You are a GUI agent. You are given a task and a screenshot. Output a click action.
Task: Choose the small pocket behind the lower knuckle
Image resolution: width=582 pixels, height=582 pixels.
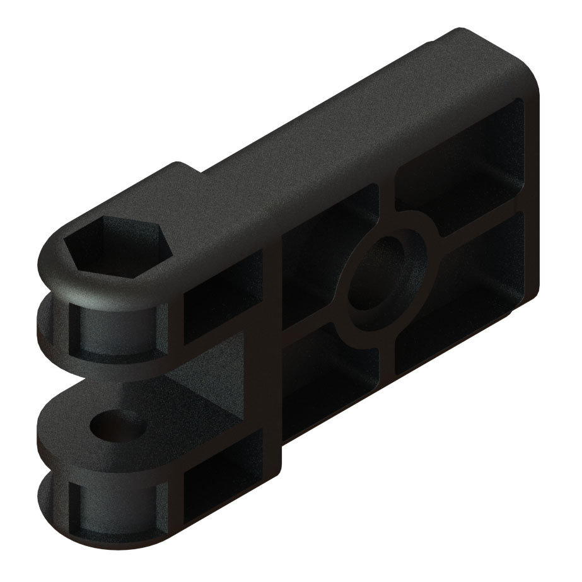point(221,486)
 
